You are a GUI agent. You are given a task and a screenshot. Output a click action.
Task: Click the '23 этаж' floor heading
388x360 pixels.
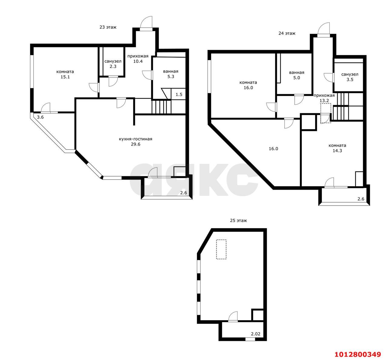(x=108, y=27)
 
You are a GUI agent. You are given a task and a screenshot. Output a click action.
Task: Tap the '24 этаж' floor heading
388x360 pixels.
(x=287, y=33)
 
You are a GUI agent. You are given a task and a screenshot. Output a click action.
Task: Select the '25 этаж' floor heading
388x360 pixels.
(x=238, y=221)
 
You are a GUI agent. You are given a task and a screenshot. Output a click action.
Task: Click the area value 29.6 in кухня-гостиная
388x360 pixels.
(x=135, y=144)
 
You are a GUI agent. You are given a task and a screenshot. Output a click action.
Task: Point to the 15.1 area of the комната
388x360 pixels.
(x=65, y=77)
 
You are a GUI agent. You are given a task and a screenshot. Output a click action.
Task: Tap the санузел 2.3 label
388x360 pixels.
(x=113, y=64)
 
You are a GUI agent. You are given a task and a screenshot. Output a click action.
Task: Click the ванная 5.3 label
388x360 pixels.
(x=171, y=74)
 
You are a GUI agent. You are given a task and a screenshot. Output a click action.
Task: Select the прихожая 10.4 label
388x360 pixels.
(x=138, y=59)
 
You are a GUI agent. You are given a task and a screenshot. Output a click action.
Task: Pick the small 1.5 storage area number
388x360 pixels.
(x=179, y=94)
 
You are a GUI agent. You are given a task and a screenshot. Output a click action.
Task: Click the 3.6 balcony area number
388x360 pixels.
(x=40, y=117)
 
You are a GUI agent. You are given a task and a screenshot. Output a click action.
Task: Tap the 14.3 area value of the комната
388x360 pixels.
(x=337, y=151)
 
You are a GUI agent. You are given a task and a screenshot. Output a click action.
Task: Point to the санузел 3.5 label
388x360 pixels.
(x=350, y=77)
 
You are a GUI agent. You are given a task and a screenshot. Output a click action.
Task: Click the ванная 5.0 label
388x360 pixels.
(x=296, y=75)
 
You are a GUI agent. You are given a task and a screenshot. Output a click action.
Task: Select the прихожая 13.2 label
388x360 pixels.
(x=324, y=98)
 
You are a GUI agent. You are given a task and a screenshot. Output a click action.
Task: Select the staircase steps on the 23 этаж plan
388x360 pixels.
(x=161, y=106)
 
